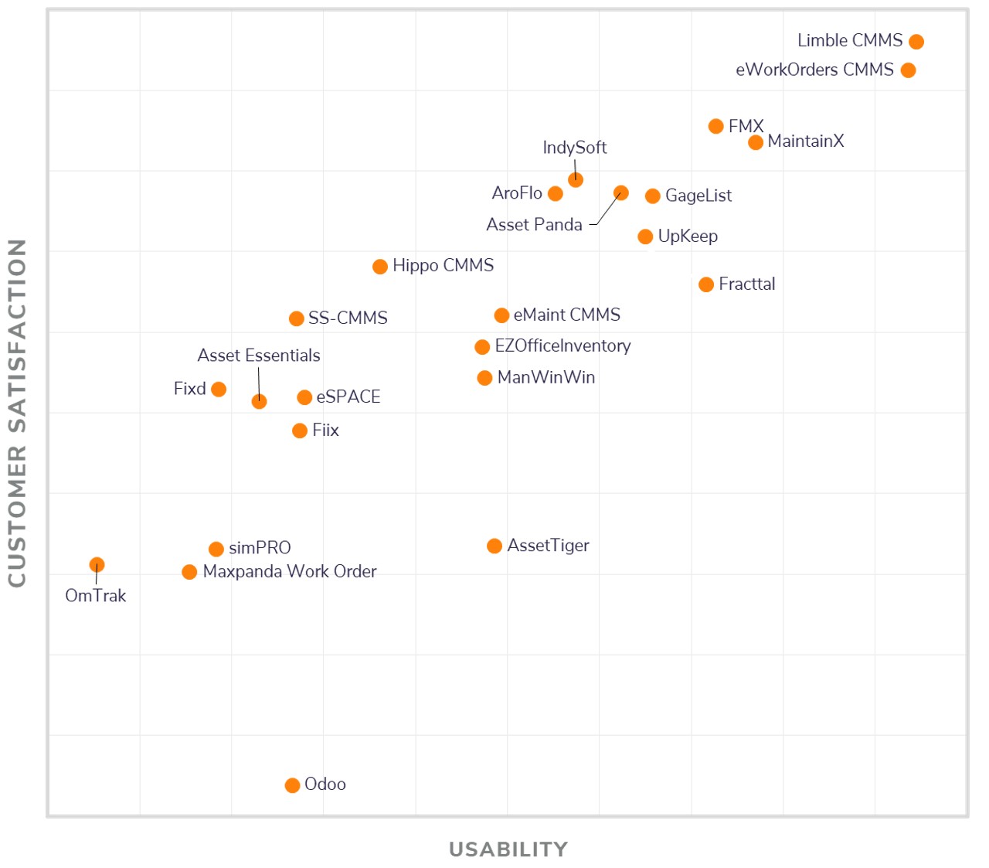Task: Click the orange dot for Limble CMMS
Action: coord(916,42)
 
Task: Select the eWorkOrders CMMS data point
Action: coord(908,70)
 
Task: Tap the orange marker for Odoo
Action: coord(292,785)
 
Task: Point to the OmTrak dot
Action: coord(97,565)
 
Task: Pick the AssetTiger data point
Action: coord(494,546)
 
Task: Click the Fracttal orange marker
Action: coord(706,284)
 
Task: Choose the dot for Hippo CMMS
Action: coord(380,267)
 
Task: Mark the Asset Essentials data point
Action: coord(259,401)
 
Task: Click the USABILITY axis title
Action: coord(508,849)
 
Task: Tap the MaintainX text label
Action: coord(805,141)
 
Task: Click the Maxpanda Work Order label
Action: coord(289,572)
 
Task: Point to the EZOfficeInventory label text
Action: coord(562,346)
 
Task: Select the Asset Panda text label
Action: coord(534,225)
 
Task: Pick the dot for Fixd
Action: coord(219,390)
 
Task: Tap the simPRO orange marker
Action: coord(216,549)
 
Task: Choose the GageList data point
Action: coord(653,196)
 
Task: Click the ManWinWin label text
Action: coord(546,378)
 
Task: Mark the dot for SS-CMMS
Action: coord(296,318)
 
